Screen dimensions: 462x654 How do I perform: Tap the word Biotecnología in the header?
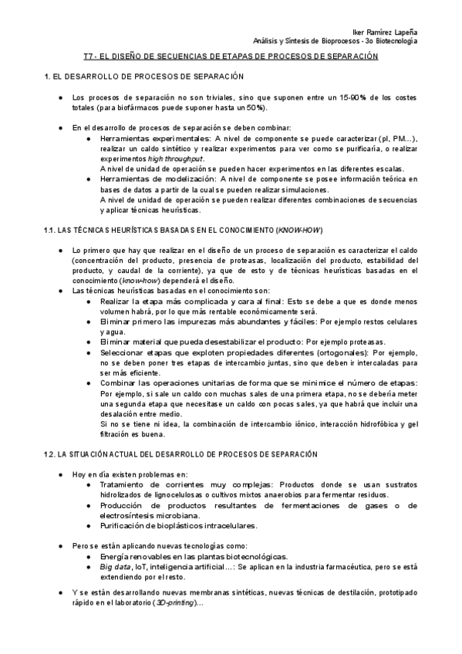coord(393,41)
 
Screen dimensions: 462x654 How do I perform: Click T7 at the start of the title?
coord(88,56)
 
